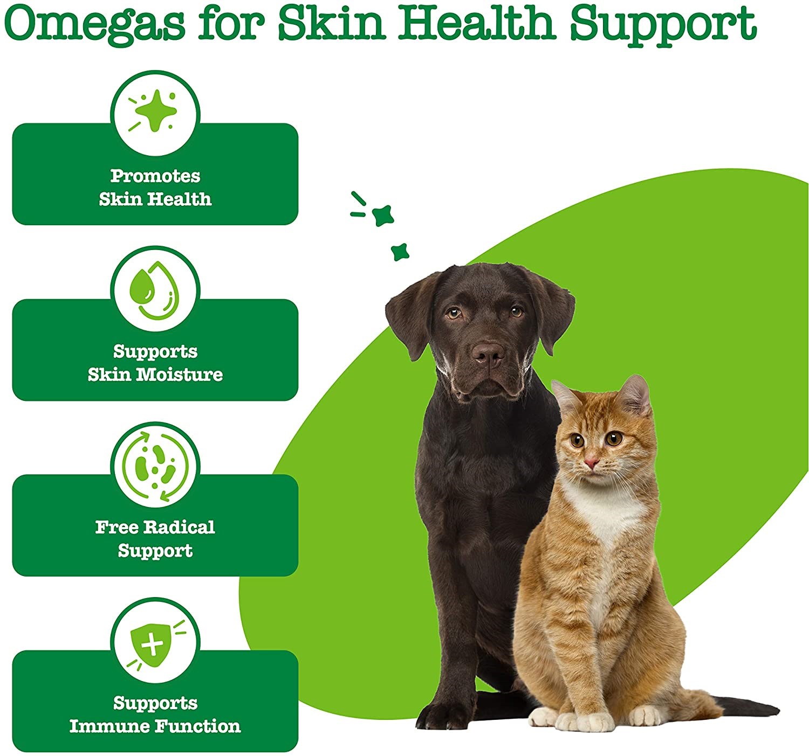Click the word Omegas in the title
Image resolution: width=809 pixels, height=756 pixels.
[94, 24]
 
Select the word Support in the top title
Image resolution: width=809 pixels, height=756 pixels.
[663, 25]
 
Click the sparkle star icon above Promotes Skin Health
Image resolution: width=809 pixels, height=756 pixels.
[154, 111]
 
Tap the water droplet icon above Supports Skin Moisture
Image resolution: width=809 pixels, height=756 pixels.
[154, 290]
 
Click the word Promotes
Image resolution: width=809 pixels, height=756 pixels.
[155, 176]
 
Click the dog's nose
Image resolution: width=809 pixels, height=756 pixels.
[488, 354]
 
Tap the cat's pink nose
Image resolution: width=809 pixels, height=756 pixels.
[592, 463]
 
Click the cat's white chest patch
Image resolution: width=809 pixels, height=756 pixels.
[607, 513]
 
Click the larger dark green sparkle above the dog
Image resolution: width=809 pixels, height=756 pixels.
[383, 215]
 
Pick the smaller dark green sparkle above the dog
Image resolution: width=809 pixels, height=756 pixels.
[400, 252]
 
